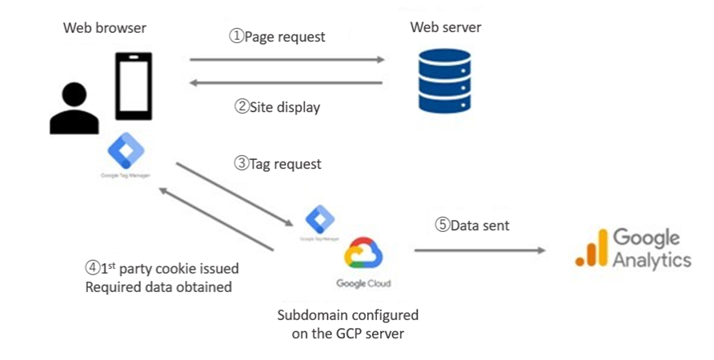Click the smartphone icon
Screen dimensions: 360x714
[x=133, y=86]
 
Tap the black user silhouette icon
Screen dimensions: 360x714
[x=74, y=109]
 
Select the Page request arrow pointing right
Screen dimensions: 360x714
[x=287, y=59]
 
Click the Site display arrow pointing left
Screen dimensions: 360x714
[x=287, y=82]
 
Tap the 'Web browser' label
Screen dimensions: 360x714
[x=105, y=28]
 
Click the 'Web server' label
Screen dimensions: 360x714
[x=446, y=28]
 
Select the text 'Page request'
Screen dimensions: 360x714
[x=284, y=37]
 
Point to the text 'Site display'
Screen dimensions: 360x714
[x=284, y=106]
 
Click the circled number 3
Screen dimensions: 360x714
[x=241, y=164]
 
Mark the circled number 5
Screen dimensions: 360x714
[x=442, y=226]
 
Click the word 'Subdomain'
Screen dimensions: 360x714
[x=313, y=315]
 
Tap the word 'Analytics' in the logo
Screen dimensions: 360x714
[x=650, y=260]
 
